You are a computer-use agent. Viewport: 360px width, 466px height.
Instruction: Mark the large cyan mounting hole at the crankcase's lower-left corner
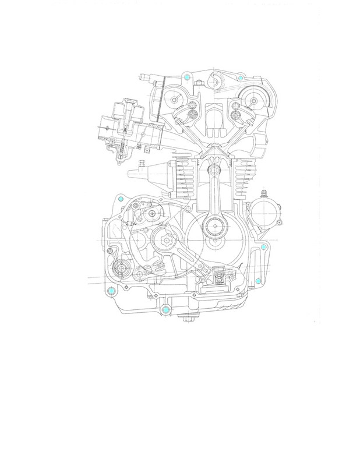click(111, 290)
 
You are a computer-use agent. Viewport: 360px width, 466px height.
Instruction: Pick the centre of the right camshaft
click(253, 99)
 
